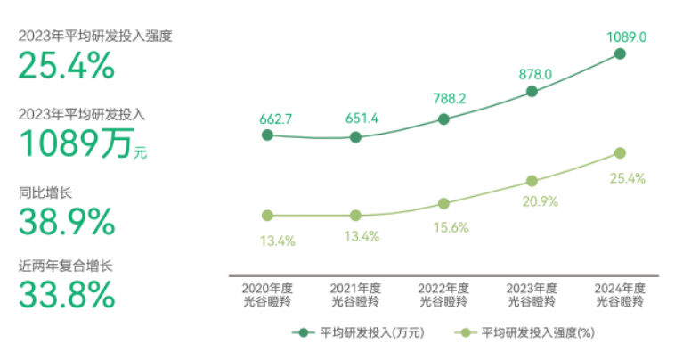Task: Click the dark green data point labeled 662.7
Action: coord(266,135)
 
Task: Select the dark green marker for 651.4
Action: coord(355,137)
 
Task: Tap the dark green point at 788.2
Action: coord(444,119)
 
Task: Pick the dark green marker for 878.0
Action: coord(532,91)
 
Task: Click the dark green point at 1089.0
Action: coord(621,53)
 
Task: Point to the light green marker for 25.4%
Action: coord(621,153)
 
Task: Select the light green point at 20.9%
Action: coord(532,181)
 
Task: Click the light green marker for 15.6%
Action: coord(444,203)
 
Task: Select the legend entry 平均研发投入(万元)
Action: coord(360,333)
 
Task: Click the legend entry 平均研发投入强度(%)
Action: coord(525,333)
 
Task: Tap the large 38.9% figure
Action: coord(67,221)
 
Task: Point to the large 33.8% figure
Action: coord(67,293)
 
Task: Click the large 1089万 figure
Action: coord(76,143)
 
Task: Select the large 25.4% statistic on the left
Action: coord(67,65)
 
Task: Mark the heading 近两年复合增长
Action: coord(66,265)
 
